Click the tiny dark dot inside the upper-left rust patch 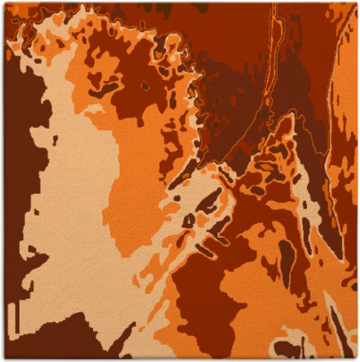(145, 86)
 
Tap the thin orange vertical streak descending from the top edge (275, 53)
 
